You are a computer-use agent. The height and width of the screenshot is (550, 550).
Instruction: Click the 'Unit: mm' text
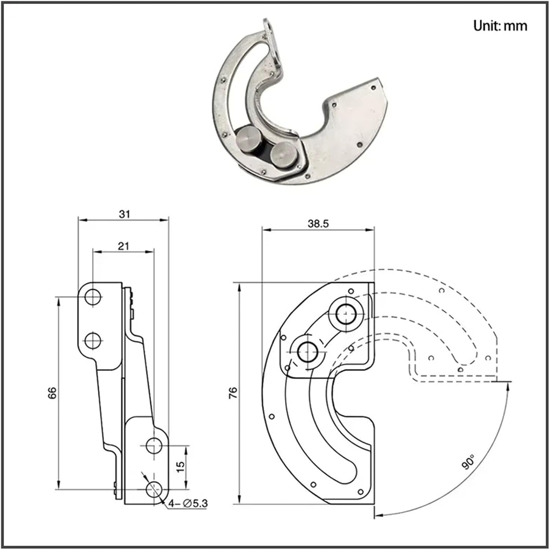500,26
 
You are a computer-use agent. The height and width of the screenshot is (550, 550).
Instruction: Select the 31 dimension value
124,214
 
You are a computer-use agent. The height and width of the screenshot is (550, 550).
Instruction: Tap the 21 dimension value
124,246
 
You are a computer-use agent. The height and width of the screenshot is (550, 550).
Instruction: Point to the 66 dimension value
52,393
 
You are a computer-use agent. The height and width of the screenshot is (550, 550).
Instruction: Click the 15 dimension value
180,466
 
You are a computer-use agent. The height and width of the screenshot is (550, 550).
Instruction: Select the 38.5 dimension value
318,224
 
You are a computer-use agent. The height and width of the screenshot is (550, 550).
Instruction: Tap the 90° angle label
468,462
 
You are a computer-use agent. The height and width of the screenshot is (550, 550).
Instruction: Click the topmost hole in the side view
93,297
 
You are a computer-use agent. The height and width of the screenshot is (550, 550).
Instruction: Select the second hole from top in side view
93,341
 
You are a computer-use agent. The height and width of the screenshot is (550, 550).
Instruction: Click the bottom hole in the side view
154,489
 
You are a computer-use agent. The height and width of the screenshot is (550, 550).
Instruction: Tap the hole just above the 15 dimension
154,445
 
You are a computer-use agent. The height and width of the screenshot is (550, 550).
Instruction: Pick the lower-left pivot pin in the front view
308,352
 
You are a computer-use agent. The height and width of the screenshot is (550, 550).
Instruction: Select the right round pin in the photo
283,154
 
